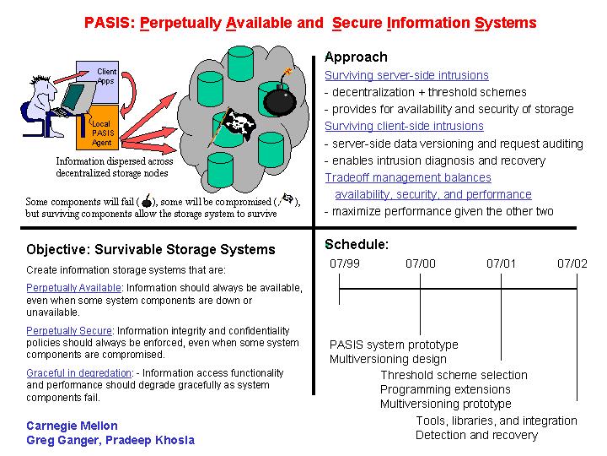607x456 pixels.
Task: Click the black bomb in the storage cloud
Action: coord(280,100)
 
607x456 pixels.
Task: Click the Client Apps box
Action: coord(98,82)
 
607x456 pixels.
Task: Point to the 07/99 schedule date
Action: coord(345,263)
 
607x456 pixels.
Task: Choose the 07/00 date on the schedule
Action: coord(421,263)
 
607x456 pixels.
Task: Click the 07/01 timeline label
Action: coord(501,263)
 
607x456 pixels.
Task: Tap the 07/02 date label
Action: coord(572,263)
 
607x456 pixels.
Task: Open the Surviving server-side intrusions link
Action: coord(406,75)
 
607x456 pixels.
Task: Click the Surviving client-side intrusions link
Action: coord(404,126)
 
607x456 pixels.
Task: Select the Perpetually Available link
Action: coord(73,288)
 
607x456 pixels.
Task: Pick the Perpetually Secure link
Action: coord(69,331)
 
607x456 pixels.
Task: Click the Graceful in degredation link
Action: coord(79,373)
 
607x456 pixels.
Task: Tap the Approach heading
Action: coord(356,57)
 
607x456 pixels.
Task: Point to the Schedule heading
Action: coord(357,244)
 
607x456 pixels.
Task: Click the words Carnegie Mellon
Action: coord(72,426)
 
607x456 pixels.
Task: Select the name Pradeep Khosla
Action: coord(150,441)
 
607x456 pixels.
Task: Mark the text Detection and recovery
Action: coord(476,435)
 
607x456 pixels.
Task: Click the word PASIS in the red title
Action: coord(109,23)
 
